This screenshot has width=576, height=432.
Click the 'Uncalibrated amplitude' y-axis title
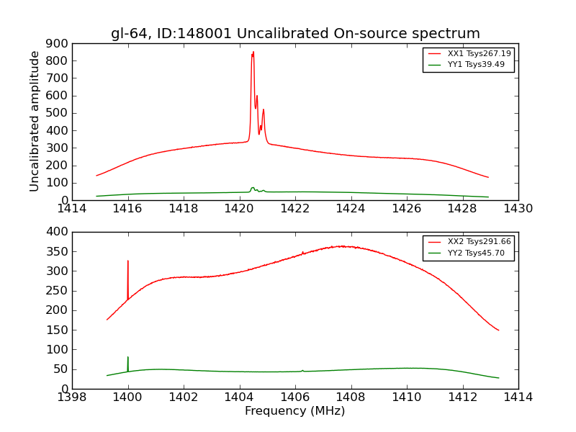point(35,121)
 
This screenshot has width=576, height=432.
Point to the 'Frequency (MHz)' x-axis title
point(295,411)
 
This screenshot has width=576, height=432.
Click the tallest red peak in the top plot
point(253,53)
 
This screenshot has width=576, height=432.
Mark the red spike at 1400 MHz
point(128,262)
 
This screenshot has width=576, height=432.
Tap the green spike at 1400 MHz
point(128,358)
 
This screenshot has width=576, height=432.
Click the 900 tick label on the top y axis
point(58,43)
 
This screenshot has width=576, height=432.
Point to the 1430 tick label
point(518,209)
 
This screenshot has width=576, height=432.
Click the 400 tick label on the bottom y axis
point(58,232)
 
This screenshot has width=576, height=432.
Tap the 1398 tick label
point(73,397)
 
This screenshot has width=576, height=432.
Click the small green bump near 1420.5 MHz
point(253,189)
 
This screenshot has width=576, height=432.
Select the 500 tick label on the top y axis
point(58,113)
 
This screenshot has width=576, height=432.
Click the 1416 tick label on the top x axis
point(128,209)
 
